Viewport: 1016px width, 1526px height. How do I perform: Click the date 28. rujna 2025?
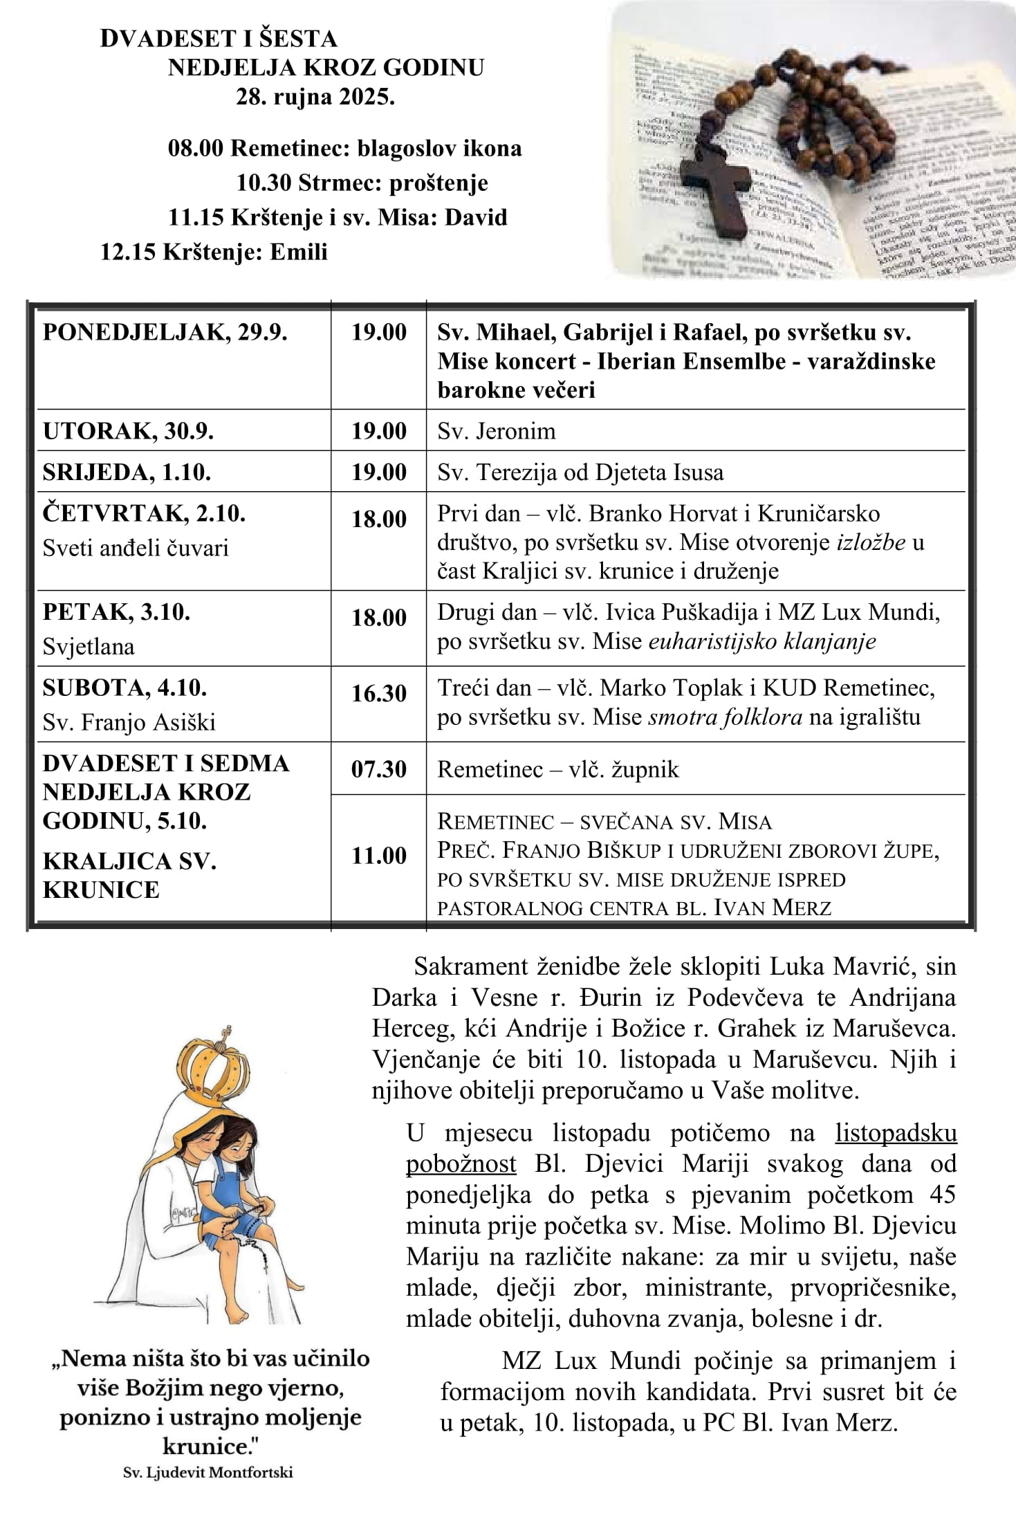(315, 97)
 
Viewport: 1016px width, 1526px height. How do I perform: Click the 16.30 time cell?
(378, 693)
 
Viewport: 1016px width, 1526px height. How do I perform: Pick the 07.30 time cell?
(378, 769)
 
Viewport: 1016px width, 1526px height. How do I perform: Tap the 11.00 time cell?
(378, 856)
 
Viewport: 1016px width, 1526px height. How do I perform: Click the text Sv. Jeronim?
(496, 431)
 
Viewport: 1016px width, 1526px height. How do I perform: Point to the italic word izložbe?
(871, 542)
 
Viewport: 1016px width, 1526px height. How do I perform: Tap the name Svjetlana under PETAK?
(89, 647)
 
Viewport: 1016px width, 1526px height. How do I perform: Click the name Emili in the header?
(298, 251)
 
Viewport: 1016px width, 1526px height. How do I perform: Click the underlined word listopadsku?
(896, 1133)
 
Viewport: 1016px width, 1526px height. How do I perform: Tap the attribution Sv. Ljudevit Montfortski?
(207, 1473)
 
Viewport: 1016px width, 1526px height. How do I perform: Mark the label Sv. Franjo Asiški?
(129, 723)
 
